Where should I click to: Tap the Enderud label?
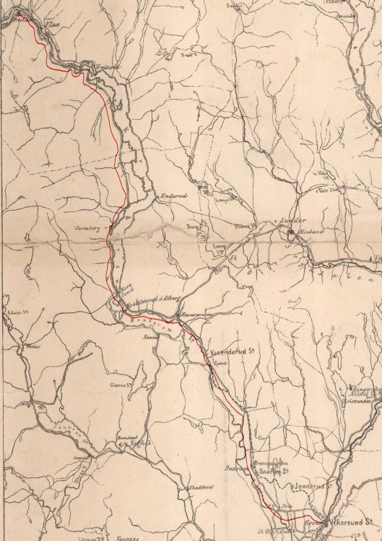174,195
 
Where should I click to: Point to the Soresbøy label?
86,226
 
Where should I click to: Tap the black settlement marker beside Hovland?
290,232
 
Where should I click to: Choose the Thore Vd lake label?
241,226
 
